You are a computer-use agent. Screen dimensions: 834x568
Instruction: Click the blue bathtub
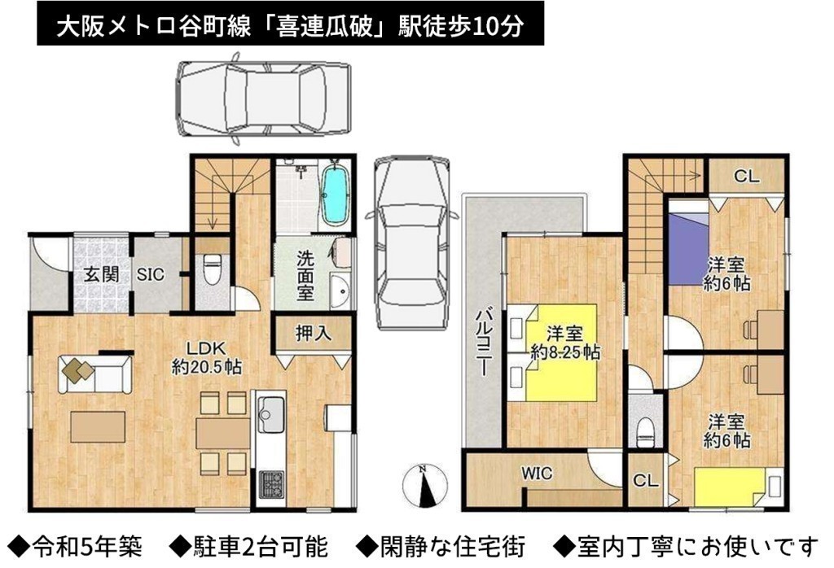coord(335,195)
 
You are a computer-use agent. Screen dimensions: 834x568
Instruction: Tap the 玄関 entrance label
coord(101,275)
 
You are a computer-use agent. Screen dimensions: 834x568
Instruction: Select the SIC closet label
coord(150,275)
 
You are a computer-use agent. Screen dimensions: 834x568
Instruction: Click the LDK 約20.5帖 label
coord(206,357)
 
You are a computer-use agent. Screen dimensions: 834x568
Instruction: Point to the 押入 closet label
coord(314,333)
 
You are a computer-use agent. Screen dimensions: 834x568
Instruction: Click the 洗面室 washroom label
coord(305,276)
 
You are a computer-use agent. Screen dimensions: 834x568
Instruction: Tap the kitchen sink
coord(272,414)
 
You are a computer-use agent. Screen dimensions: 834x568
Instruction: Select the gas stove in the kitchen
coord(272,484)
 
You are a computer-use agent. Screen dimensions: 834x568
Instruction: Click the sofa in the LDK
coord(95,374)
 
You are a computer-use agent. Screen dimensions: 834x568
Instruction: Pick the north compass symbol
coord(424,486)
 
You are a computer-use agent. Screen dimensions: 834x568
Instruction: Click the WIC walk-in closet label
coord(537,472)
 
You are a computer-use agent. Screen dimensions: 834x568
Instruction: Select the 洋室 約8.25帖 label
coord(565,343)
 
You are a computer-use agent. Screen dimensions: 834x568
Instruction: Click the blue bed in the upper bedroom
coord(687,248)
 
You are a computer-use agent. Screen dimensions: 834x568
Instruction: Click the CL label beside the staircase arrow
coord(747,176)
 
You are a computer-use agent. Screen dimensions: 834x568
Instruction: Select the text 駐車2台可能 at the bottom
coord(249,546)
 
